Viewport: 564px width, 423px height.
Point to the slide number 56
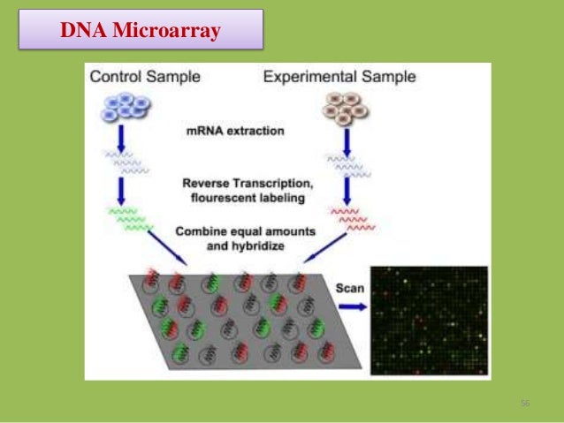pyautogui.click(x=525, y=404)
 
